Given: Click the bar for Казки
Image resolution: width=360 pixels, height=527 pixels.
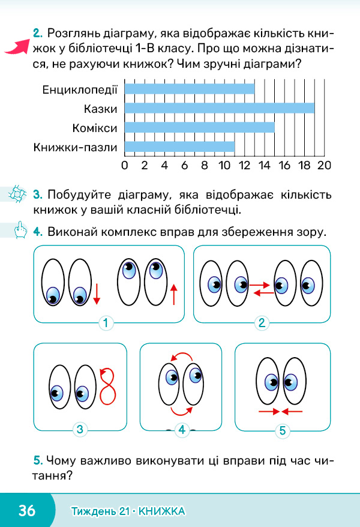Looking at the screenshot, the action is tap(220, 108).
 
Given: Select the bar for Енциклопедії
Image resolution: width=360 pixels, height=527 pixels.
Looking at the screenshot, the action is tap(190, 89).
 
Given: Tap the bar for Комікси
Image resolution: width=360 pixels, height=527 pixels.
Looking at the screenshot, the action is tap(200, 127).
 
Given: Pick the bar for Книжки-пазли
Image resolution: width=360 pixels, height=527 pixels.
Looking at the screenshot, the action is tap(179, 146).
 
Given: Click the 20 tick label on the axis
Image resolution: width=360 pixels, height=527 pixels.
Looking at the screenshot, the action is tap(325, 165).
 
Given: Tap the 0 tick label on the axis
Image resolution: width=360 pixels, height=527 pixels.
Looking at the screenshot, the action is tap(125, 165).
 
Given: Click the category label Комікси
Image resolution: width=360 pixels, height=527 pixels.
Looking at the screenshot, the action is tap(95, 128).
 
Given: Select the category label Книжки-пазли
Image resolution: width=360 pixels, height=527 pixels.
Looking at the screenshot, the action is tap(75, 147).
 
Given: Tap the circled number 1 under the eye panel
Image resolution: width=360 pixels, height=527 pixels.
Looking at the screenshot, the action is tap(106, 323).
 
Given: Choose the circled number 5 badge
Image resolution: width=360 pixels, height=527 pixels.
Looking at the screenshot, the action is tap(283, 430).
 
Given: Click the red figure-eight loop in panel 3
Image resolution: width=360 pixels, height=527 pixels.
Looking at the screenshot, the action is tap(108, 386).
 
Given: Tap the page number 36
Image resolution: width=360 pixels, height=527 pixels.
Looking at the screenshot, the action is tap(27, 510).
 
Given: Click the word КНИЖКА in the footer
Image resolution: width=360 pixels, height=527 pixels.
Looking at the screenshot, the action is tap(161, 511).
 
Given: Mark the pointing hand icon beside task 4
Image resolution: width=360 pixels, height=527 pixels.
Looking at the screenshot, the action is tap(20, 230).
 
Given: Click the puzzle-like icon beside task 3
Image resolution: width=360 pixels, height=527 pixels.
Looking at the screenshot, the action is tap(17, 194).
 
